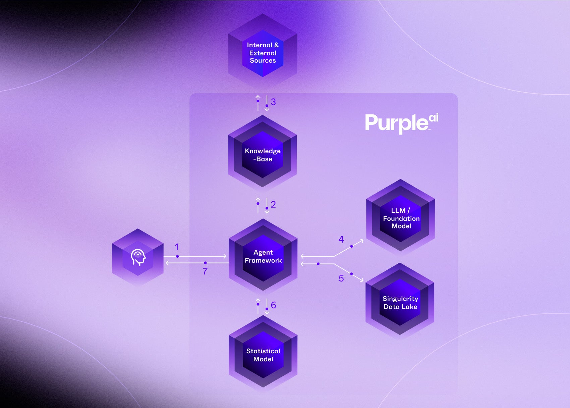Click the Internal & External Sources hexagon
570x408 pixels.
click(263, 53)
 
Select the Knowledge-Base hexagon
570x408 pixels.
click(263, 155)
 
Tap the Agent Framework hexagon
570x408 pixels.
click(263, 256)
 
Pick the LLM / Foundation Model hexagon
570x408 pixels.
click(401, 218)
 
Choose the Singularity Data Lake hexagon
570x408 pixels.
click(400, 302)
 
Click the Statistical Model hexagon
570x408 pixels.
click(263, 355)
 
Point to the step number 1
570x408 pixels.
click(177, 247)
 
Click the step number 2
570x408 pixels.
click(273, 204)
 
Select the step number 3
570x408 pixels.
click(273, 102)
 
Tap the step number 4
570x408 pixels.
click(341, 239)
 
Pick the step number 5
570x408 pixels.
click(341, 278)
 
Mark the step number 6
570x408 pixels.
click(273, 305)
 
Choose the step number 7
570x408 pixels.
click(205, 271)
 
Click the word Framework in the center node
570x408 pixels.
click(263, 260)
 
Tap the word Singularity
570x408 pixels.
click(400, 299)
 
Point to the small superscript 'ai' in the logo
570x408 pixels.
click(434, 118)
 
